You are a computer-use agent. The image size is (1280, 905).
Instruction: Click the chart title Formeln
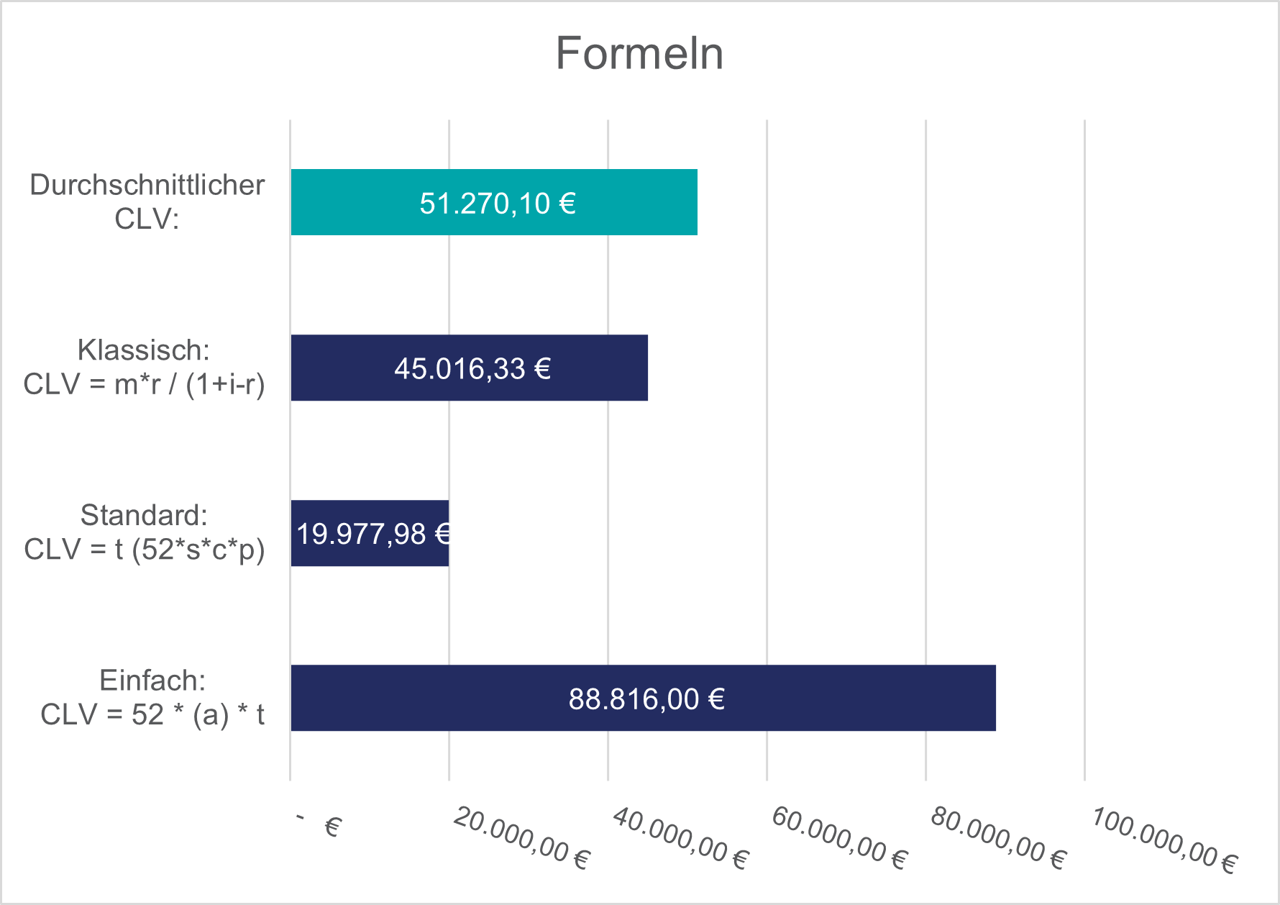[x=639, y=54]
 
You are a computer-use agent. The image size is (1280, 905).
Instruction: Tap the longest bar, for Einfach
[x=863, y=698]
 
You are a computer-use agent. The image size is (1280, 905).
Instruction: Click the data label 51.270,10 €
[x=498, y=204]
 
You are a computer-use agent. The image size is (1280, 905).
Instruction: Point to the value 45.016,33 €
[x=472, y=369]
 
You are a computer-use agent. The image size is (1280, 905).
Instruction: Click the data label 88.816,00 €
[x=646, y=699]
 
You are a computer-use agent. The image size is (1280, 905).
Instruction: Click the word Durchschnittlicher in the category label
[x=147, y=186]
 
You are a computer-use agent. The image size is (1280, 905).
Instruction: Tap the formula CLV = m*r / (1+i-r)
[x=144, y=384]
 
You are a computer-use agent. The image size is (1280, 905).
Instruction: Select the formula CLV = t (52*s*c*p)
[x=144, y=550]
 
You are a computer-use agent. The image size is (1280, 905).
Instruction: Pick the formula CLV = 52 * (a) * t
[x=152, y=714]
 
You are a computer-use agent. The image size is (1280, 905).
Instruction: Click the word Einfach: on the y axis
[x=152, y=681]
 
